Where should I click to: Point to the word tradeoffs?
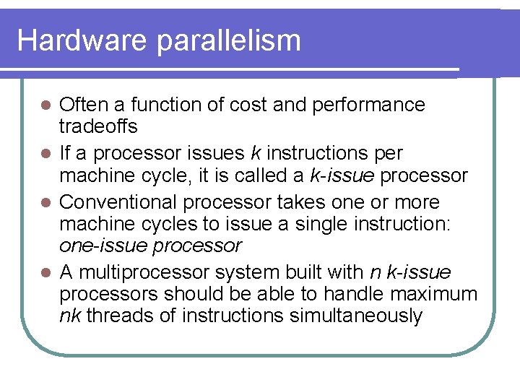pos(99,126)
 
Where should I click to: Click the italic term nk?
pos(70,316)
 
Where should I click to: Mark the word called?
pos(264,175)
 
